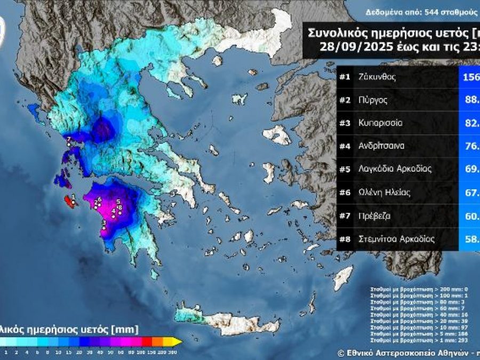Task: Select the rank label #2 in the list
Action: [345, 100]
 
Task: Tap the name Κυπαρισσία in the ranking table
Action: [380, 123]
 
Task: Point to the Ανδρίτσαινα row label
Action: [381, 146]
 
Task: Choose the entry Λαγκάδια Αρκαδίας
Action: [395, 170]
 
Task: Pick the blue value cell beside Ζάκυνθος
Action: [469, 77]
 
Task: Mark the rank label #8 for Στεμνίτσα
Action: [345, 239]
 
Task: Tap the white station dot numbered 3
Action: [104, 229]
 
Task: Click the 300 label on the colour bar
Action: [172, 351]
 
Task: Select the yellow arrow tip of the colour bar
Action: [178, 341]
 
